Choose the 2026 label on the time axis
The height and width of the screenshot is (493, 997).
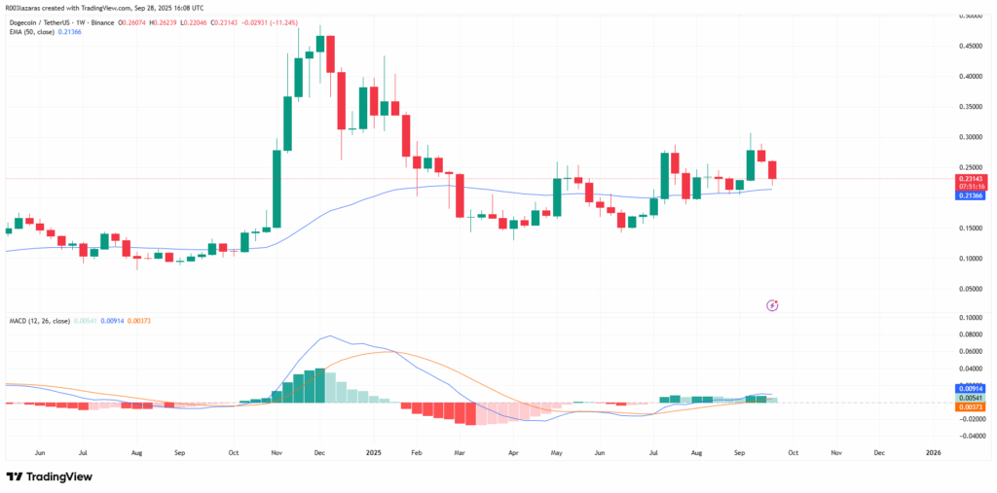(933, 453)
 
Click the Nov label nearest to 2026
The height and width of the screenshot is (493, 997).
(835, 453)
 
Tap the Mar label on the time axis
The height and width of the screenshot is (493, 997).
(460, 453)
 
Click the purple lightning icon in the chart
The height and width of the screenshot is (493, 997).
(772, 305)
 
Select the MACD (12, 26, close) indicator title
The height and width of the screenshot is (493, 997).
(42, 321)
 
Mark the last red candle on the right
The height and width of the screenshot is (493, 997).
(772, 171)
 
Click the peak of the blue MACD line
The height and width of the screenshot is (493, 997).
(331, 336)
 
